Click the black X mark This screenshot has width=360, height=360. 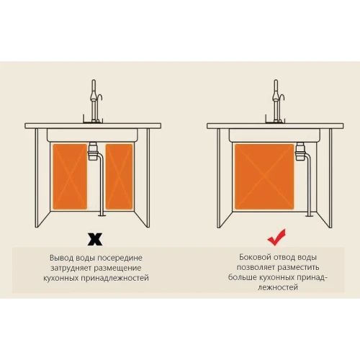(x=95, y=239)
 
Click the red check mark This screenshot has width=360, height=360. (x=276, y=238)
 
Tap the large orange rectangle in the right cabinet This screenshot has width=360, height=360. (x=264, y=176)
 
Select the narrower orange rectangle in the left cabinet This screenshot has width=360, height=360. (x=119, y=176)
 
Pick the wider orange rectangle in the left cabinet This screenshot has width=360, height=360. (x=70, y=176)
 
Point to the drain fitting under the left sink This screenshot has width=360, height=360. (x=93, y=151)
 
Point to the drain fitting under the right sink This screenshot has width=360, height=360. (x=300, y=151)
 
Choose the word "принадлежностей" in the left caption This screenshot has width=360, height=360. (x=114, y=279)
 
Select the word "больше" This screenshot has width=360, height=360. (x=240, y=277)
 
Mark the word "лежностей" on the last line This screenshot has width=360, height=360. (x=278, y=287)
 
